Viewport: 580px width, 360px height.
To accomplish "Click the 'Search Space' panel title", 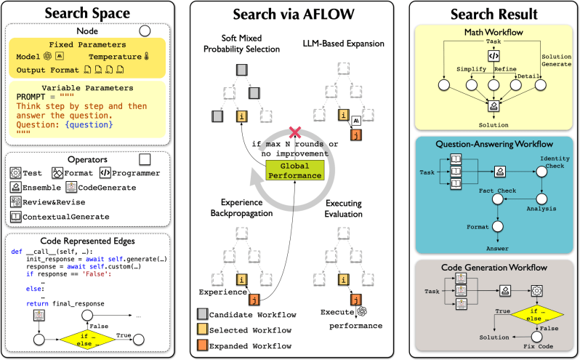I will tap(89, 14).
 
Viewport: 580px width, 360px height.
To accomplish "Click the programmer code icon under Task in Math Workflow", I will tap(493, 55).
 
